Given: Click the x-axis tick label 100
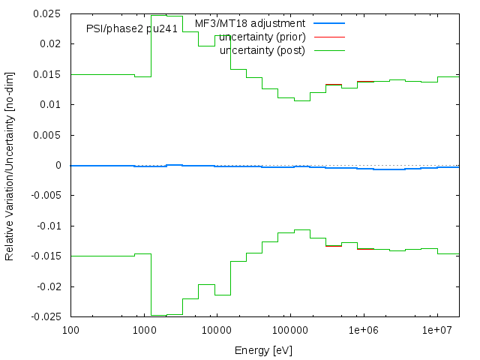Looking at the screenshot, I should (x=70, y=330).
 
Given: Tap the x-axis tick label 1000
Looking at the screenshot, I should (x=143, y=330).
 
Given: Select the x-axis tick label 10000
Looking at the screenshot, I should (x=217, y=330).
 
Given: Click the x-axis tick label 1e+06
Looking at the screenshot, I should (x=364, y=330).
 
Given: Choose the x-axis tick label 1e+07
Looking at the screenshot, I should (x=437, y=330).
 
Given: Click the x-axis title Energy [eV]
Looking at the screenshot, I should (x=265, y=349).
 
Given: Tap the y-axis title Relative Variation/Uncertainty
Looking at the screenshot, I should (x=10, y=165).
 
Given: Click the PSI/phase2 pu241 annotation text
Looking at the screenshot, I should (x=132, y=30).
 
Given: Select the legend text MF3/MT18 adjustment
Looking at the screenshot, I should (x=250, y=23).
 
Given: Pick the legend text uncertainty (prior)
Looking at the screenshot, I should (x=262, y=37).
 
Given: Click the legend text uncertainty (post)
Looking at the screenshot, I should (x=263, y=50).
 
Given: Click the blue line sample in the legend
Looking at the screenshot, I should (x=329, y=23).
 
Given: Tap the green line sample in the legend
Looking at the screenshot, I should (x=329, y=50).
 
